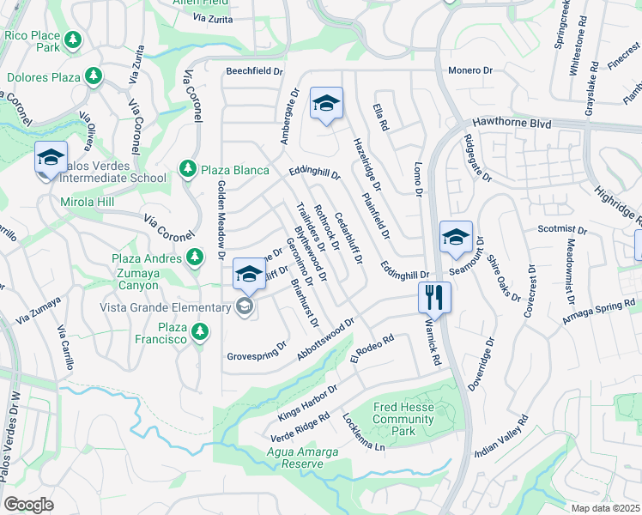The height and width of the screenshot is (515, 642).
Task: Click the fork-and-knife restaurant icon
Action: tap(434, 297)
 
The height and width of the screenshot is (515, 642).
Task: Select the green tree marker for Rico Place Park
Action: tap(73, 39)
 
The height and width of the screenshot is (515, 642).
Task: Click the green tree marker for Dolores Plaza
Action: tap(93, 77)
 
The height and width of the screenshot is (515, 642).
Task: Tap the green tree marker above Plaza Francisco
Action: tap(200, 330)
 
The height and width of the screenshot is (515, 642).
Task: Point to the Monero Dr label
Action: tap(469, 70)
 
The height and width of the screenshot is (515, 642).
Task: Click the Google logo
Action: tap(28, 505)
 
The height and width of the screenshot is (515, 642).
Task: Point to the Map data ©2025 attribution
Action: tap(604, 508)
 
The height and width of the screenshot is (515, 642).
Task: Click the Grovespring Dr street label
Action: tap(256, 355)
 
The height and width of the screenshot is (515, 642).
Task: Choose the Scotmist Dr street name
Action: tap(561, 230)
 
